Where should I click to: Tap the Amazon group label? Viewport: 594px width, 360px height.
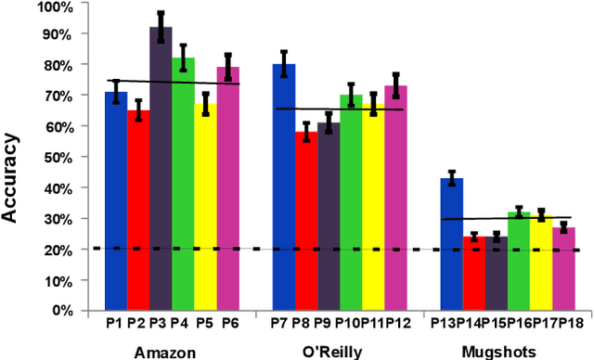(x=164, y=352)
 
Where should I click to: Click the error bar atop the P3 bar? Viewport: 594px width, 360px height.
(x=161, y=27)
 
